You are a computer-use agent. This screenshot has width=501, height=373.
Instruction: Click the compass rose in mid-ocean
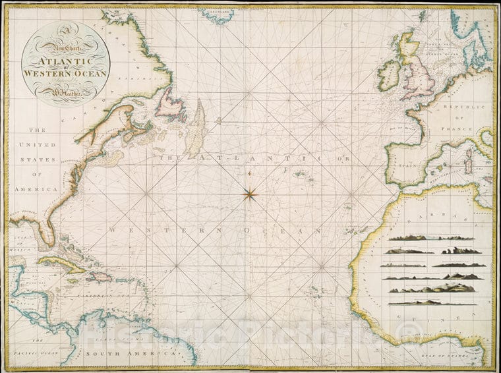point(250,193)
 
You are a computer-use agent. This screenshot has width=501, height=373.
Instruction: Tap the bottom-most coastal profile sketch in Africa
point(432,302)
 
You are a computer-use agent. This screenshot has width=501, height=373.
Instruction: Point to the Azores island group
point(303,175)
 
